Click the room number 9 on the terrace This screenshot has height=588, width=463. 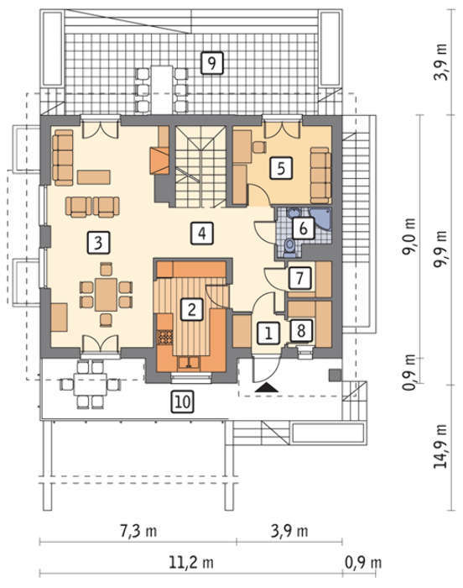click(211, 63)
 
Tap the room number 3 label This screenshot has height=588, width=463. click(98, 242)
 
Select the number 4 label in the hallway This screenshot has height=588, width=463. click(202, 234)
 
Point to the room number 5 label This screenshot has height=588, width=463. click(281, 168)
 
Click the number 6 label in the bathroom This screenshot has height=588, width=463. click(303, 228)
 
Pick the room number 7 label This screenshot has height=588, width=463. click(299, 278)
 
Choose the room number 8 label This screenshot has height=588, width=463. click(302, 330)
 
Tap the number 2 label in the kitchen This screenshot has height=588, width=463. click(192, 310)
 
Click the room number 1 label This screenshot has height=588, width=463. click(268, 333)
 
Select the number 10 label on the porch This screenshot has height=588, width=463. click(183, 402)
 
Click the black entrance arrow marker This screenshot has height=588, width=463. click(267, 387)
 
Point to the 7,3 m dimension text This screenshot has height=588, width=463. click(138, 531)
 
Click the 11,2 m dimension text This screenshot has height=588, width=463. click(191, 562)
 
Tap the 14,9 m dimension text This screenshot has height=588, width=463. click(440, 446)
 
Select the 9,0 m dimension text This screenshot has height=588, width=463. click(409, 236)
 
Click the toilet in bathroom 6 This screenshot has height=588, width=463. click(289, 246)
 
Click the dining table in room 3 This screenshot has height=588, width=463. click(106, 294)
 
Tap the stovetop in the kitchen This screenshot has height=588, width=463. click(165, 337)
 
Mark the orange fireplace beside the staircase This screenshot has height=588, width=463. click(159, 160)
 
